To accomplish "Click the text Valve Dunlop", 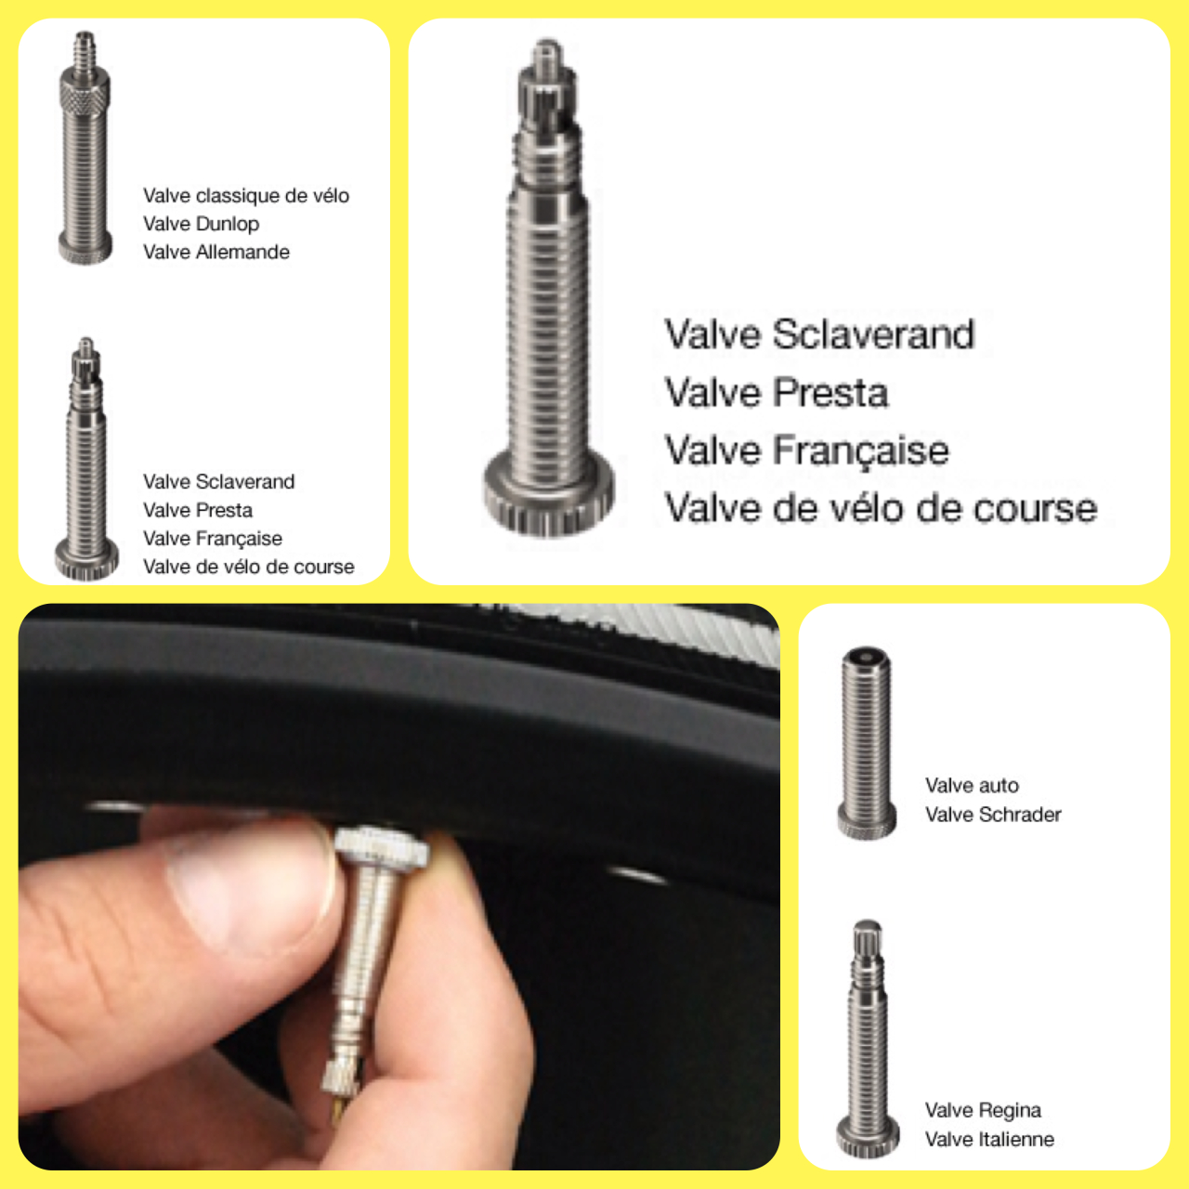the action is [x=202, y=223].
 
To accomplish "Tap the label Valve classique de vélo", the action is [x=246, y=195].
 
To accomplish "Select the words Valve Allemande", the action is [x=216, y=252].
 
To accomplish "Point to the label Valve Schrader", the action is [x=993, y=814].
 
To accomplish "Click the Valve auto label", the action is [x=972, y=785].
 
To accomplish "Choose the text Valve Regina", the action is [x=983, y=1109].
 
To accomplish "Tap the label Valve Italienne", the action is [x=989, y=1139].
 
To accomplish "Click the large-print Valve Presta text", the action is [x=777, y=392].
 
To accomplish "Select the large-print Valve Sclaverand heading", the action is [x=819, y=334].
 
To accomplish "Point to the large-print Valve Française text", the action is [x=806, y=451].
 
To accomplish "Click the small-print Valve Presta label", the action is [x=198, y=510].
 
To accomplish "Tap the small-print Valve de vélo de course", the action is [x=249, y=567].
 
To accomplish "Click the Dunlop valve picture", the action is [x=85, y=148].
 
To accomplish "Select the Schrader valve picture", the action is [x=867, y=742].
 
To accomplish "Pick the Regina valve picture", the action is [x=867, y=1039].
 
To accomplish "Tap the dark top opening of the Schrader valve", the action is [x=867, y=655].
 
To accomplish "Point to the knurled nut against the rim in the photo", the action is [x=383, y=847].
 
